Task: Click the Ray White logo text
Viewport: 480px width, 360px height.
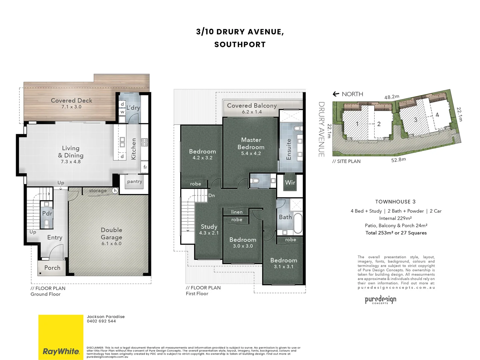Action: click(61, 351)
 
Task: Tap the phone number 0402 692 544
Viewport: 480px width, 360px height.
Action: click(101, 321)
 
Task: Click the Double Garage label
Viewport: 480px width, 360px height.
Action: click(111, 234)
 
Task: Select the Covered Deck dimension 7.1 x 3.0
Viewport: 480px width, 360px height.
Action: click(71, 107)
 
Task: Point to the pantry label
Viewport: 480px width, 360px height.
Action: click(135, 182)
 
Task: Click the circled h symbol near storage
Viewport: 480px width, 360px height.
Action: click(115, 191)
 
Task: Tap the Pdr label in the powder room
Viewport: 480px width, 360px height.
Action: click(47, 213)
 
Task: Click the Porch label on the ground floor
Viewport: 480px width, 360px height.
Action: click(52, 268)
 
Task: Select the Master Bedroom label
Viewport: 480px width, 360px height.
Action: click(251, 143)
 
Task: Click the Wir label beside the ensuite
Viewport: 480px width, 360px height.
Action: click(290, 182)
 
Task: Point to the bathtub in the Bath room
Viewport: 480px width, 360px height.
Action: click(297, 223)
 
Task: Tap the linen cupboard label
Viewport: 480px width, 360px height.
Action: click(237, 212)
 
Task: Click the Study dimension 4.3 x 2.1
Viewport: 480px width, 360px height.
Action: click(209, 233)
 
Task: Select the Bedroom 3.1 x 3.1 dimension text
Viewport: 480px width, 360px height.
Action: click(284, 267)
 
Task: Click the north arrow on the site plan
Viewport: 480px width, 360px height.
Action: click(336, 94)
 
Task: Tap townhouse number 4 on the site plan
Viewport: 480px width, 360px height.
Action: click(437, 115)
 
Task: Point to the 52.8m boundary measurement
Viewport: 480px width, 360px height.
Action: click(398, 160)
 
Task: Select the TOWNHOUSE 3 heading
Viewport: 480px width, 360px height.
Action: click(395, 202)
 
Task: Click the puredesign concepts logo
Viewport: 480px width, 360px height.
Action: click(380, 300)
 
